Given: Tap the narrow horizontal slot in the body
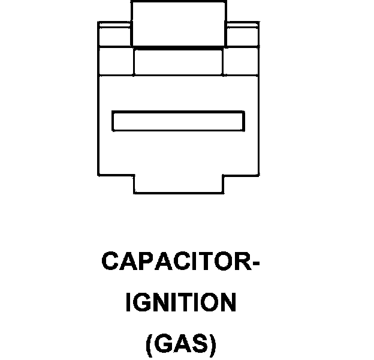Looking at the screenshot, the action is pyautogui.click(x=178, y=121).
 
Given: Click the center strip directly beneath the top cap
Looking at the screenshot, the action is pyautogui.click(x=178, y=61).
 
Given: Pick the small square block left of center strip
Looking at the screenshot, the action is pyautogui.click(x=116, y=61).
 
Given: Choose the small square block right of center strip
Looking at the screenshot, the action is pyautogui.click(x=240, y=61).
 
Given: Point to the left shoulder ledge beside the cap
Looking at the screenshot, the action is pyautogui.click(x=114, y=35).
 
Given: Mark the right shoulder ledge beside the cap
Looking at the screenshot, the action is pyautogui.click(x=242, y=35).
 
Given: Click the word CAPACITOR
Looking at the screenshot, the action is pyautogui.click(x=174, y=263).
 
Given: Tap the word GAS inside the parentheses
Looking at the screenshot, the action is pyautogui.click(x=180, y=344).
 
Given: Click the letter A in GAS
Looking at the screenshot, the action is pyautogui.click(x=180, y=344).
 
